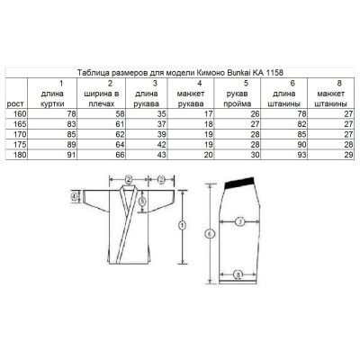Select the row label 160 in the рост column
pyautogui.click(x=21, y=114)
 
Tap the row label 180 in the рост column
pyautogui.click(x=21, y=155)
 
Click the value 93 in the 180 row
pyautogui.click(x=301, y=155)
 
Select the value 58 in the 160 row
pyautogui.click(x=120, y=114)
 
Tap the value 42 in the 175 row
pyautogui.click(x=162, y=145)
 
